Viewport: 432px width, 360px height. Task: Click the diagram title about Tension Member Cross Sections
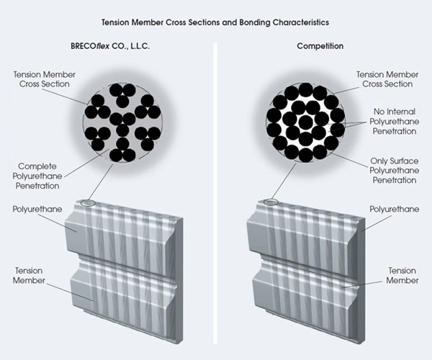215,22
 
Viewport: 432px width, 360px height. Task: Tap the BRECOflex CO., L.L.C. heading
110,46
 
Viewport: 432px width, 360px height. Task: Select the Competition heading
320,46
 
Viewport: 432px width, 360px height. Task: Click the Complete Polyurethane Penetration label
37,176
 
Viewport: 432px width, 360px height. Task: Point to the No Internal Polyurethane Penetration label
395,122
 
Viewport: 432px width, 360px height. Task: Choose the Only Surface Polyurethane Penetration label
395,171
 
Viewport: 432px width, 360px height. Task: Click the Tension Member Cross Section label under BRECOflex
45,79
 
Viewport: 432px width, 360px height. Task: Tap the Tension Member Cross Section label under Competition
387,79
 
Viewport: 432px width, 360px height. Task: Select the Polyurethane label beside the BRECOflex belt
37,209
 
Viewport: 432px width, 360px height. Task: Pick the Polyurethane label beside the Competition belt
395,209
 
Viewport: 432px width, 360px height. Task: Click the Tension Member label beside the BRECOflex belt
29,276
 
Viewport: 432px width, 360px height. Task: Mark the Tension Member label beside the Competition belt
402,276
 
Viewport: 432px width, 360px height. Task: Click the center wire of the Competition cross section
305,122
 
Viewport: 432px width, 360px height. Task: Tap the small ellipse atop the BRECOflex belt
89,203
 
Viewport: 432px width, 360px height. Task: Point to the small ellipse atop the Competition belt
271,202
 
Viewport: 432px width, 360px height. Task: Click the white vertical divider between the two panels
215,193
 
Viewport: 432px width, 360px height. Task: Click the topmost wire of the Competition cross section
305,89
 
